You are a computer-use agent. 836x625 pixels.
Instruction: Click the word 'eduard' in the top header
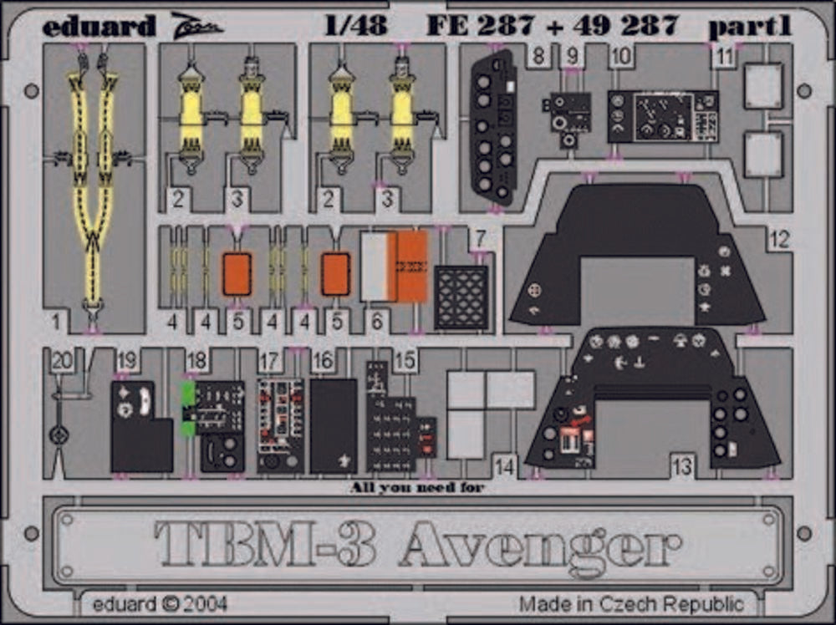[99, 25]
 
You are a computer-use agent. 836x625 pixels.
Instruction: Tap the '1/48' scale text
[355, 25]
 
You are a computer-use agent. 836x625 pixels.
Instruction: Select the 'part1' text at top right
[750, 26]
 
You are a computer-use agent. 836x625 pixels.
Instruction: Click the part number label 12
[779, 240]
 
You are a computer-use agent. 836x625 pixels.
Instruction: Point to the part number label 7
[481, 238]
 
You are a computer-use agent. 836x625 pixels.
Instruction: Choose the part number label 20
[63, 361]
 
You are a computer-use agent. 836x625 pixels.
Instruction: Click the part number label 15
[405, 360]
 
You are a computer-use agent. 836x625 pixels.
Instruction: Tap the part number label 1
[57, 322]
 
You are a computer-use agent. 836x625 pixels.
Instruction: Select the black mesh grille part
[461, 297]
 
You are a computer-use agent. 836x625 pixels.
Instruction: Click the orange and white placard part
[394, 266]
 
